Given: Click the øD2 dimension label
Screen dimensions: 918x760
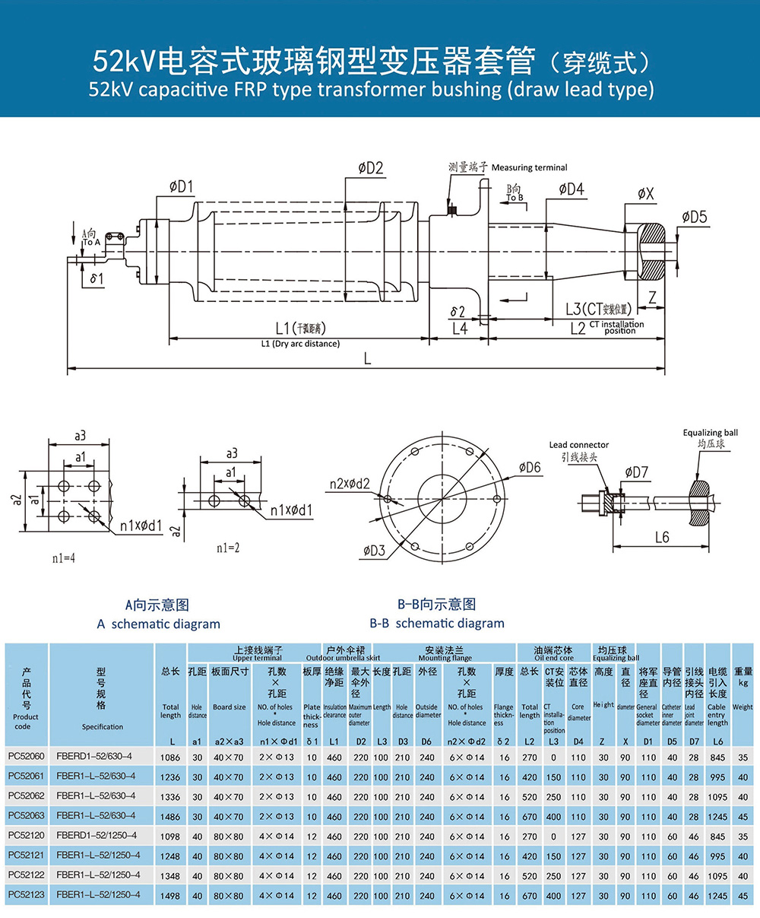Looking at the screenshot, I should click(x=369, y=168).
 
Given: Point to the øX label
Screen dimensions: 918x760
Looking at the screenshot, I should click(x=645, y=194).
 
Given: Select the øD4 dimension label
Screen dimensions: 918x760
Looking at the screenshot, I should click(x=571, y=189).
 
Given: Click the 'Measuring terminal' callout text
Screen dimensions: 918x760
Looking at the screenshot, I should click(x=529, y=167).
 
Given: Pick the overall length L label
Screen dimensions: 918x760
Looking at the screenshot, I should click(x=367, y=358).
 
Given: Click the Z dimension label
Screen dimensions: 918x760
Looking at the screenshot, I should click(x=651, y=299).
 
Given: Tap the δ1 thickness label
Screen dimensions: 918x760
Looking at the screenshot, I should click(x=97, y=278).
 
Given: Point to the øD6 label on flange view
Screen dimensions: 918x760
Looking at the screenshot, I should click(x=530, y=467).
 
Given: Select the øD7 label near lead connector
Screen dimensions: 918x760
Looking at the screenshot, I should click(x=636, y=472).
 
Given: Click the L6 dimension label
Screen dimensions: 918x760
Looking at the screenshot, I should click(x=662, y=537).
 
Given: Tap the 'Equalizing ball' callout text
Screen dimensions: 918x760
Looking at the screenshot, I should click(x=710, y=433).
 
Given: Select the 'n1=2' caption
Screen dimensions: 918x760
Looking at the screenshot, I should click(x=228, y=547).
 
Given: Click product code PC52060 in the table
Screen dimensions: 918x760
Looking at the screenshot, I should click(x=27, y=758).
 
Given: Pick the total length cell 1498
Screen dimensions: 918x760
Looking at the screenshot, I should click(x=171, y=896).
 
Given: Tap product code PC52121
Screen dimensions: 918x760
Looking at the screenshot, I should click(x=27, y=856).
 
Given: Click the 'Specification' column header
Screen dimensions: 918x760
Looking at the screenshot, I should click(x=103, y=727).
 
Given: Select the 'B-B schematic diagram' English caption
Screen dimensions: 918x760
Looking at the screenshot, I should click(x=437, y=623).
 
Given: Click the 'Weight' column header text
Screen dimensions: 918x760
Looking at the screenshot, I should click(x=743, y=707).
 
